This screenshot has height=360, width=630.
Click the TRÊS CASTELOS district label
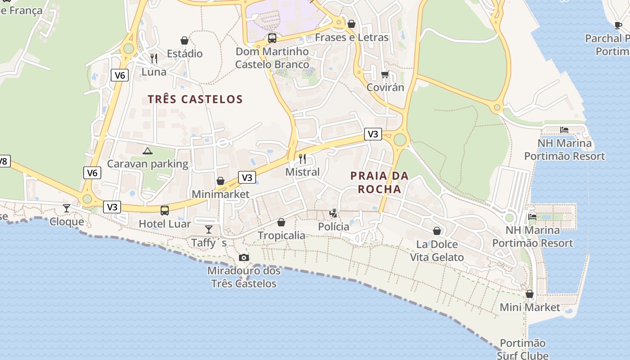coord(195,99)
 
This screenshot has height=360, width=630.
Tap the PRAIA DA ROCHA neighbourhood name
coord(379,182)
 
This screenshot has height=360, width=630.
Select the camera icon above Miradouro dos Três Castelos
coord(244,257)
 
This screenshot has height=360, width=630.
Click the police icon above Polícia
coord(333,213)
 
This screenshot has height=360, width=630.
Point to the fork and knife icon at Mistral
coord(302,159)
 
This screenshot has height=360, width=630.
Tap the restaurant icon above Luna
coord(154,58)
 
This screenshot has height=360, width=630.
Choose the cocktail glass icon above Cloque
coord(67,208)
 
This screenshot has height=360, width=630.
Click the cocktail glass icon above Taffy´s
coord(209,229)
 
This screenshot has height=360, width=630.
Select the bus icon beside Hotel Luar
coord(165,210)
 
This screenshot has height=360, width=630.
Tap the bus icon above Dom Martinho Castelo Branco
coord(272,38)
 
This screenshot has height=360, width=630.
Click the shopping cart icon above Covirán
coord(385,74)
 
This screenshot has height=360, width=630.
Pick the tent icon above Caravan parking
coord(147,151)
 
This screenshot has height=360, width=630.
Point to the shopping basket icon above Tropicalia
coord(281,222)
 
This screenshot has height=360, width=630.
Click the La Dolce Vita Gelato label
coord(436,251)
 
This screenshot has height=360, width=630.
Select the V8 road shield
coord(4,161)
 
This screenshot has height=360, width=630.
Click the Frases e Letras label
coord(351,37)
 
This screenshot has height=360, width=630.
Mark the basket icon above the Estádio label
coord(184,40)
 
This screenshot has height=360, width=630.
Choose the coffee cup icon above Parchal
coord(618,25)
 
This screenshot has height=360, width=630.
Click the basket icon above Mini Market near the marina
coord(530,294)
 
